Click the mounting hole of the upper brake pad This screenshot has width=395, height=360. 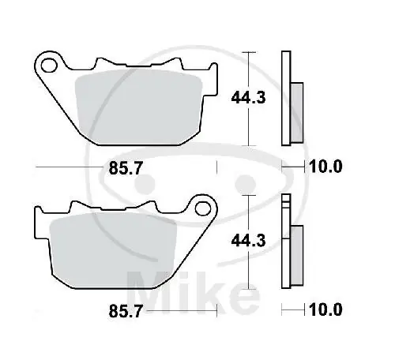[x=49, y=66]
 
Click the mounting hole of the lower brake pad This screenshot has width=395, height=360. [x=203, y=208]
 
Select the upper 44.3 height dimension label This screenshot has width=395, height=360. [x=248, y=98]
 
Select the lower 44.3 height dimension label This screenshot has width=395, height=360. [x=248, y=241]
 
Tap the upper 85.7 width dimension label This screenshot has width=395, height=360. [x=126, y=168]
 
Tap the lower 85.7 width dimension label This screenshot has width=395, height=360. [x=126, y=311]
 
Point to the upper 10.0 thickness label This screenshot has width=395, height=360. [x=325, y=167]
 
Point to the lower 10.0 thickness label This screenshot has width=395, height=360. [x=325, y=309]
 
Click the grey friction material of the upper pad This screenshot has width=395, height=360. [x=138, y=107]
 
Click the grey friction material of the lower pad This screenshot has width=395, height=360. [x=113, y=249]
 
